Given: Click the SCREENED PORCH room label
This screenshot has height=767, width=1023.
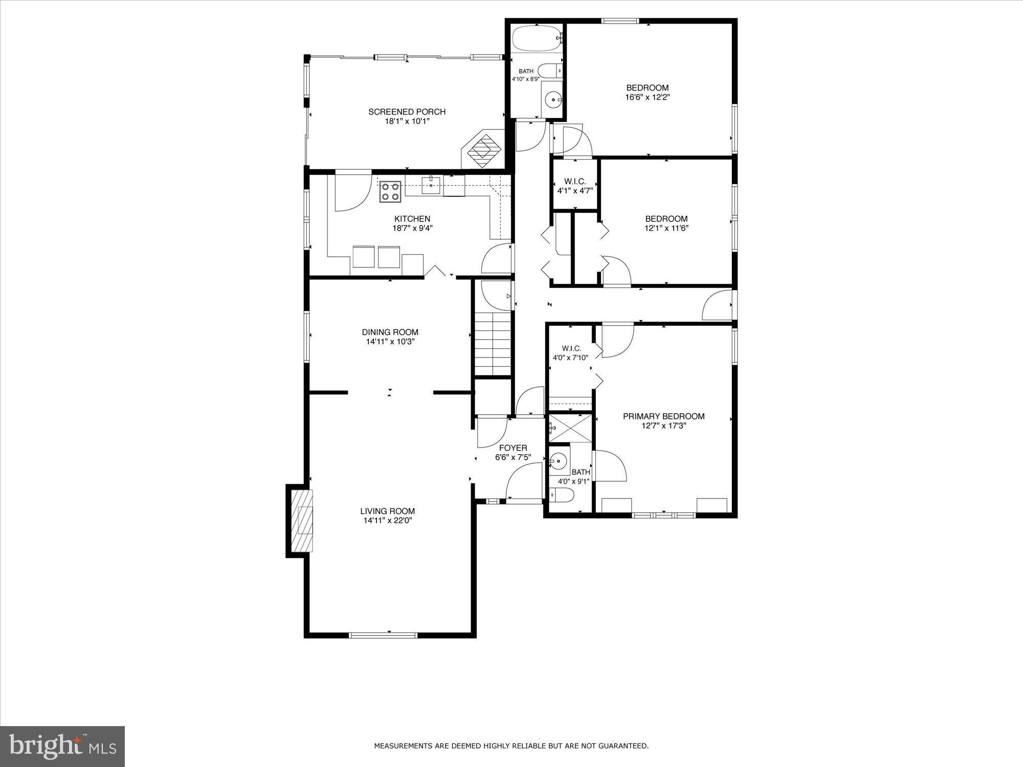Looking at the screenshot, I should (407, 111).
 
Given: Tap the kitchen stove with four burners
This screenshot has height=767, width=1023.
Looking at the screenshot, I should (390, 192).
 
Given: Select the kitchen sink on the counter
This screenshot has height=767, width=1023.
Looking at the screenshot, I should (431, 185).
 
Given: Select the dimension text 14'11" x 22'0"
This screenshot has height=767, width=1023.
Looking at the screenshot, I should (387, 521).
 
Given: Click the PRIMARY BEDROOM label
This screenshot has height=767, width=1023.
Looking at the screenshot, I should (663, 416).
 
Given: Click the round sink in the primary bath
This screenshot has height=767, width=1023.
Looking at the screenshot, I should (559, 462).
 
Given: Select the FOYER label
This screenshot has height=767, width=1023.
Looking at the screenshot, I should (513, 448).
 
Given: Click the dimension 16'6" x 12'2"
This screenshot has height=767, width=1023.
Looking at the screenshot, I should (647, 97).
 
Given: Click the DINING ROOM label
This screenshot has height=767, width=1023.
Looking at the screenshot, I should (390, 332).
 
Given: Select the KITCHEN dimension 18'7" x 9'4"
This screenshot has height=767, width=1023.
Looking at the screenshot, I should (412, 229).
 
